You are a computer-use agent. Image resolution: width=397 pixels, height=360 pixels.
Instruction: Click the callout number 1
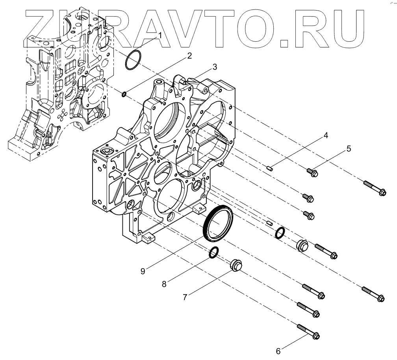(x=160, y=35)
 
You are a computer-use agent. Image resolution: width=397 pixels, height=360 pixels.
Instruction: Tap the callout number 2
(x=189, y=56)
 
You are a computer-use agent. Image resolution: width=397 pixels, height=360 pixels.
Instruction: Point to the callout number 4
(x=325, y=135)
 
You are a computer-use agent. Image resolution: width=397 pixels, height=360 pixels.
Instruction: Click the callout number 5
(x=349, y=149)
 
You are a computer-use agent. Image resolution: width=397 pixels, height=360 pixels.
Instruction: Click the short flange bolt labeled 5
(x=312, y=172)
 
